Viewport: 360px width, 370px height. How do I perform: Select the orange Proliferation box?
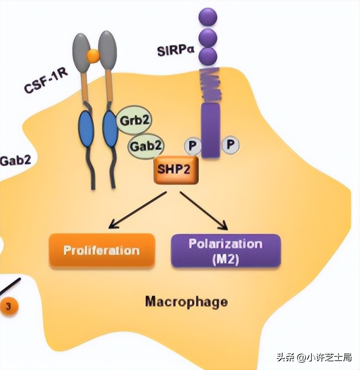pyautogui.click(x=102, y=250)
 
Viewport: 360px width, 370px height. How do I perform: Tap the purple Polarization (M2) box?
pyautogui.click(x=226, y=251)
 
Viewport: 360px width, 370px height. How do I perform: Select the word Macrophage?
pyautogui.click(x=186, y=301)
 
